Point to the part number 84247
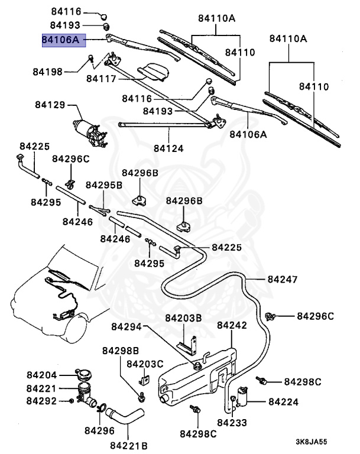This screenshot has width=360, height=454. click(x=283, y=279)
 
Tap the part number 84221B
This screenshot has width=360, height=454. click(x=129, y=445)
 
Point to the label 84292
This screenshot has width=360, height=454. click(x=41, y=401)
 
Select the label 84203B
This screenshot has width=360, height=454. click(x=183, y=319)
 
